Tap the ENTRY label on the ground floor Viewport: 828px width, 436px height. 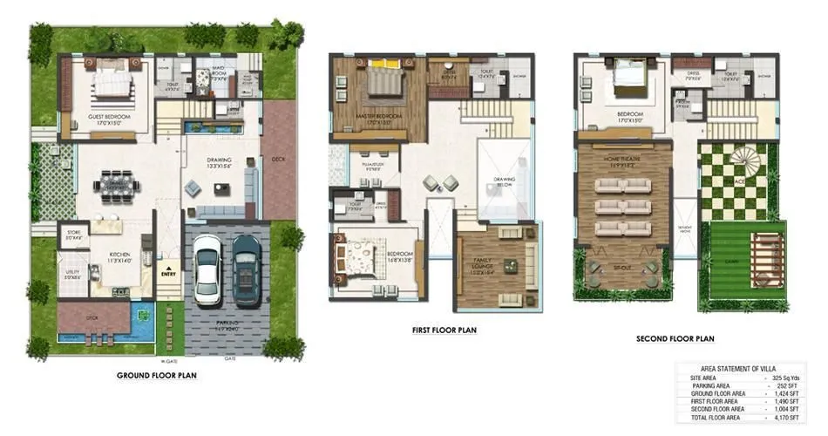coord(168,273)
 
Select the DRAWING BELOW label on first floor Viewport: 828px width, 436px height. coord(504,183)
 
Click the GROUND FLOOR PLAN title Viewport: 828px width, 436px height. coord(156,376)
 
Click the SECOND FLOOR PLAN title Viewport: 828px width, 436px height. coord(675,338)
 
